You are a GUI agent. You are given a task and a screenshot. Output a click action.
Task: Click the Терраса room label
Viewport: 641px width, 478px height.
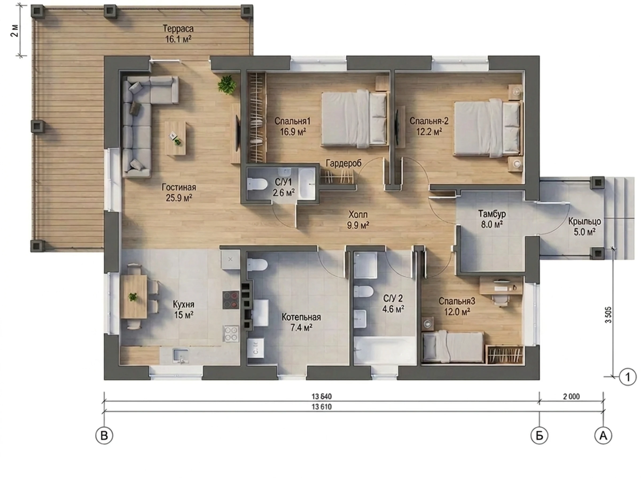[x=178, y=29]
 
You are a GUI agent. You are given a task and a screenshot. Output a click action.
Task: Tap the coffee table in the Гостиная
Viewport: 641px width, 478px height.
[x=175, y=138]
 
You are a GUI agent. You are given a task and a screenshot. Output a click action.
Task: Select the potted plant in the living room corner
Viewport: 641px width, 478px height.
[x=227, y=84]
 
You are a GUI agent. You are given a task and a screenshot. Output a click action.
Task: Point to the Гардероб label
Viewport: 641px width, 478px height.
[x=343, y=163]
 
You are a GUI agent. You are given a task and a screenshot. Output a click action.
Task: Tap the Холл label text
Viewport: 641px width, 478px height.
[x=358, y=214]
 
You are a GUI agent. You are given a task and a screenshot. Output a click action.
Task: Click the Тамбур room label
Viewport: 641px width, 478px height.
[x=492, y=214]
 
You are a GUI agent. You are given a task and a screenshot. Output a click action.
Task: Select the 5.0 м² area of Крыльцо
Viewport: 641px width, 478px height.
[x=585, y=232]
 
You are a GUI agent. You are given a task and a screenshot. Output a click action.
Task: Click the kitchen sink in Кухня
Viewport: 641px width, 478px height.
[x=181, y=355]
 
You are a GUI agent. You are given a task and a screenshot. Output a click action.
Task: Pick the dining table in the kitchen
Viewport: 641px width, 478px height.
[x=134, y=297]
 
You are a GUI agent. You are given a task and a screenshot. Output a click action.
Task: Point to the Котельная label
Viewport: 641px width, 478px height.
[x=301, y=317]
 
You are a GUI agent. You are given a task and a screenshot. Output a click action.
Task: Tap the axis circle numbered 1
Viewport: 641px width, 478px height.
[x=628, y=377]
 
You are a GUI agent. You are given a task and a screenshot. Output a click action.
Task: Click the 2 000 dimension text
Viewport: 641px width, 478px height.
[x=571, y=396]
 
